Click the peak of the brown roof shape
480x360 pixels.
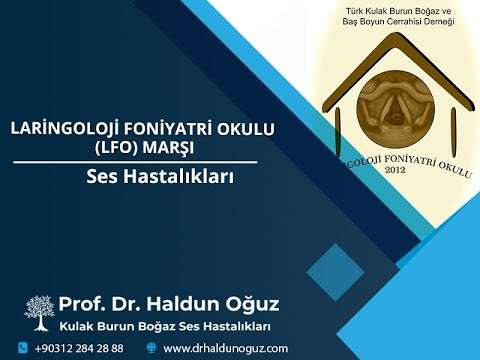tap(397, 39)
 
